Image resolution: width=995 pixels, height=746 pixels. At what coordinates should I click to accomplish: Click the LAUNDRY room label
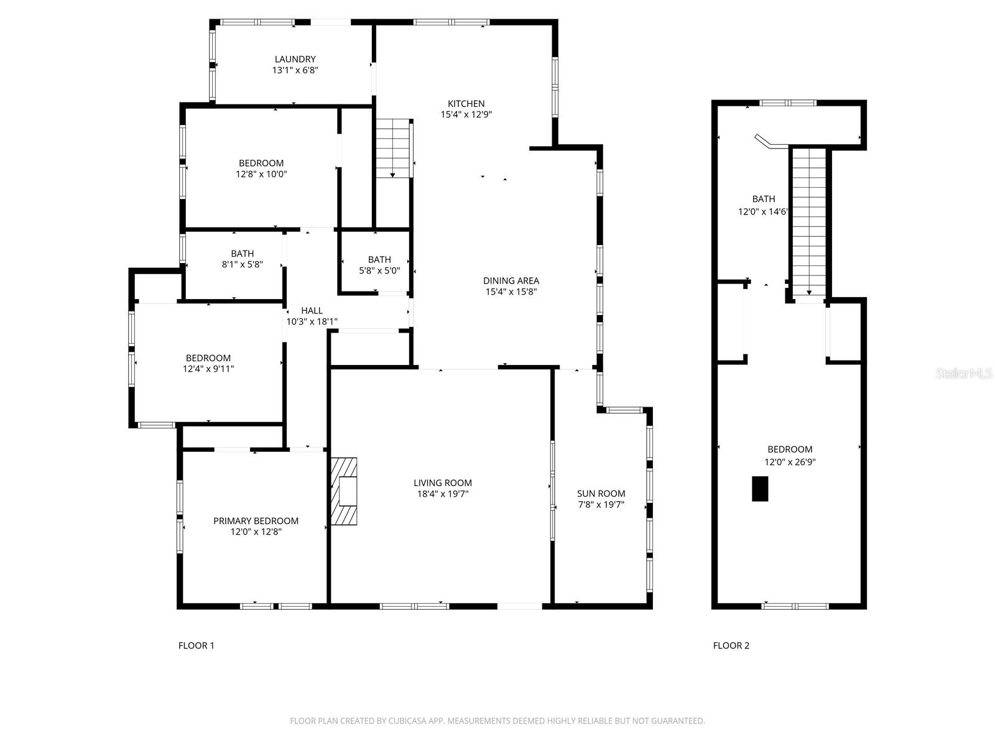pyautogui.click(x=295, y=59)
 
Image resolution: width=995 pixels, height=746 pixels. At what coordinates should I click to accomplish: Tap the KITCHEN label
pyautogui.click(x=466, y=103)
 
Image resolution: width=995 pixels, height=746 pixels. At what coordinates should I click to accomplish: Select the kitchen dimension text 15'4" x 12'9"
pyautogui.click(x=466, y=114)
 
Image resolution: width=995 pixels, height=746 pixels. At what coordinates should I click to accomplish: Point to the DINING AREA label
pyautogui.click(x=511, y=280)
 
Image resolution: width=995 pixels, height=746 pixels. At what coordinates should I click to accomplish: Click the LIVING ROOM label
pyautogui.click(x=442, y=483)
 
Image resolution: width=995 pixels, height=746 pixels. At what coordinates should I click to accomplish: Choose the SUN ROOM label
pyautogui.click(x=601, y=493)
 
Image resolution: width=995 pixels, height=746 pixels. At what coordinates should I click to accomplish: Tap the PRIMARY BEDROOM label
pyautogui.click(x=256, y=521)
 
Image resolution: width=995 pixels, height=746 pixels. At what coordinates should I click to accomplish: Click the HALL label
pyautogui.click(x=312, y=310)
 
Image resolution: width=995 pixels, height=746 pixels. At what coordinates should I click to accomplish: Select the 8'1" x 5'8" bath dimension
pyautogui.click(x=242, y=265)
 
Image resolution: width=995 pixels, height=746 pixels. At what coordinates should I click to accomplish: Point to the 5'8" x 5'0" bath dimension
pyautogui.click(x=379, y=271)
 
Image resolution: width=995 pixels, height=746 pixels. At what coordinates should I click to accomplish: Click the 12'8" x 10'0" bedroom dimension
pyautogui.click(x=261, y=174)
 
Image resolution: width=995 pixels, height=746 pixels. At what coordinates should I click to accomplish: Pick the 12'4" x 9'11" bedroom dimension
pyautogui.click(x=208, y=369)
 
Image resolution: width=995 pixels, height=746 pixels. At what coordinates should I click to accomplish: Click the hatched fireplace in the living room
pyautogui.click(x=344, y=492)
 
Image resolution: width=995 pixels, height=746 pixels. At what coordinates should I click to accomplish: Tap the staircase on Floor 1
pyautogui.click(x=394, y=148)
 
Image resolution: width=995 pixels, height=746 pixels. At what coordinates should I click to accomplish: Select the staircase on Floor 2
pyautogui.click(x=809, y=222)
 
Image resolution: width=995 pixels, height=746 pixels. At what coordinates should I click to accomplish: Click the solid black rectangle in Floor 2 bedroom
pyautogui.click(x=760, y=489)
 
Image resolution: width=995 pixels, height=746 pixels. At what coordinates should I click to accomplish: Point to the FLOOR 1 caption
pyautogui.click(x=196, y=645)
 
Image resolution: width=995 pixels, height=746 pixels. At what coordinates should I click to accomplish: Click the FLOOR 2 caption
pyautogui.click(x=731, y=645)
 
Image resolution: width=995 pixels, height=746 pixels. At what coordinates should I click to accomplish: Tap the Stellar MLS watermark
pyautogui.click(x=964, y=374)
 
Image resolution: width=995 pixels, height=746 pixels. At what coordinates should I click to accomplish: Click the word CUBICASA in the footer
pyautogui.click(x=407, y=721)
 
